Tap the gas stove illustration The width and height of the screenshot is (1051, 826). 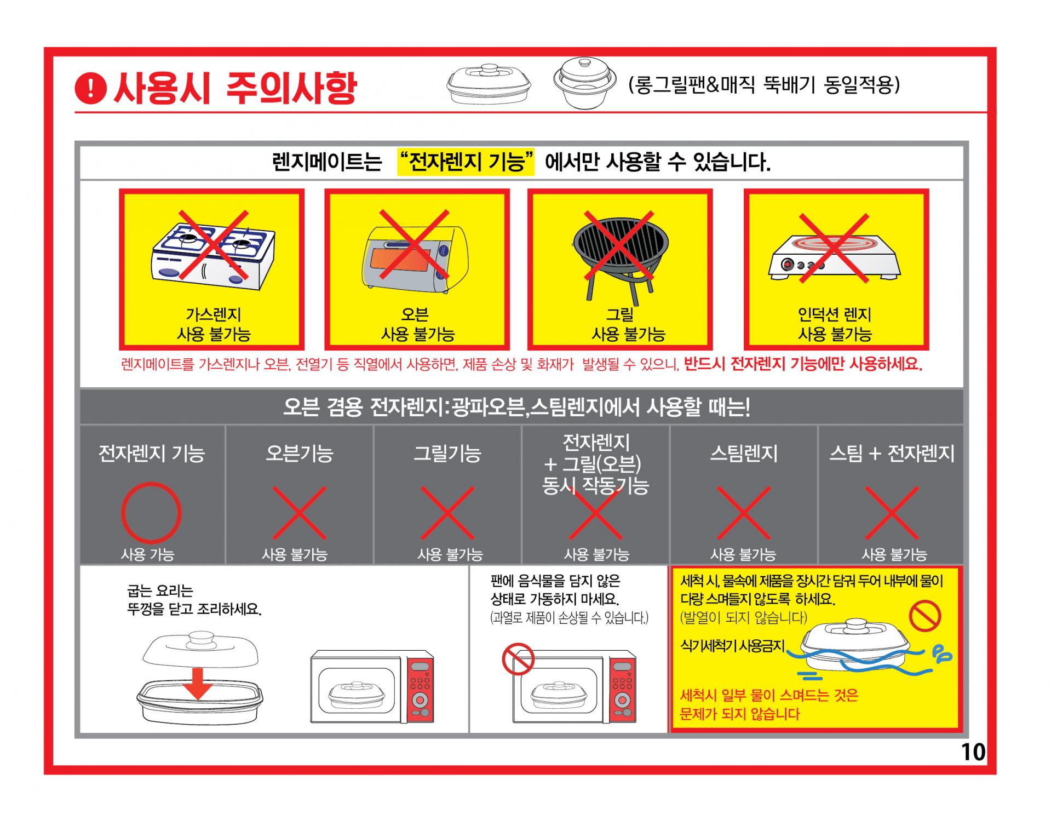coord(213,255)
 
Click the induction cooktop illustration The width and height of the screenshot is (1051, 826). coord(835,257)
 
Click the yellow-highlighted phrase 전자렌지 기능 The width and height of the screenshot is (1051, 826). coord(466,162)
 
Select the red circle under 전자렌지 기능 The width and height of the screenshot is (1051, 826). coord(151,513)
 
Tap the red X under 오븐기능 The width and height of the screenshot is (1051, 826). coord(299,513)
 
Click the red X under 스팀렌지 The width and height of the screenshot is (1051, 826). coord(743,513)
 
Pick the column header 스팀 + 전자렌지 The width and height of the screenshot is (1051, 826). coord(892,454)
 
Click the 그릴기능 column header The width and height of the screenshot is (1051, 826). coord(447,454)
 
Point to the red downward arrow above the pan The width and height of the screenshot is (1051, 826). coord(198,684)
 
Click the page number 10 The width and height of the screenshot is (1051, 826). coord(973,752)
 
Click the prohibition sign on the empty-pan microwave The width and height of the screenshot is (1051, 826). coord(518,659)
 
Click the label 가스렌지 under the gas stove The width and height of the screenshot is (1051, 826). coord(213,314)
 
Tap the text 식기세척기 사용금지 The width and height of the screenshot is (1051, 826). coord(733,646)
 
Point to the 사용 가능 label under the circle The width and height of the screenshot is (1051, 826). coord(148,555)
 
